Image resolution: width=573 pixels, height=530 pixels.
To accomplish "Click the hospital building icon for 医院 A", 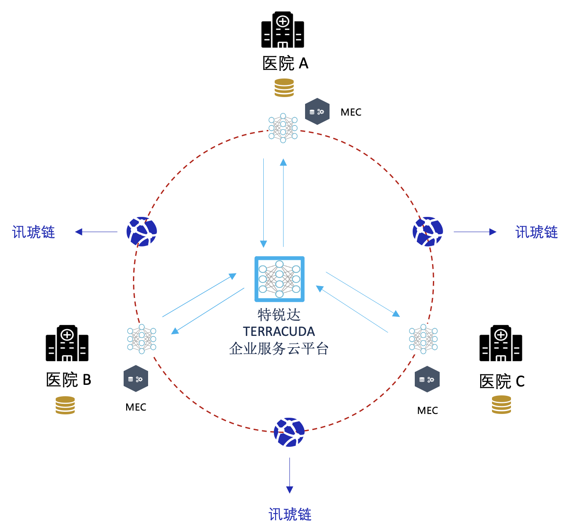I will click(283, 30).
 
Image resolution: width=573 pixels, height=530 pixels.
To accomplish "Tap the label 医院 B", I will click(68, 380).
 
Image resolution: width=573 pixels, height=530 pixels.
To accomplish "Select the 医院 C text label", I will click(502, 381).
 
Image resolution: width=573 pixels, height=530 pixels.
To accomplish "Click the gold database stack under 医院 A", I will click(284, 88).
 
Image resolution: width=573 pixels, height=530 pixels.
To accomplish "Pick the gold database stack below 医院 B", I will click(65, 405).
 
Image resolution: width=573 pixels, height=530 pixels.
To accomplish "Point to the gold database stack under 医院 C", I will click(501, 405).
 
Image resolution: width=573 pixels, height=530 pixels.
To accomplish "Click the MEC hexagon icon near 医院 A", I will click(317, 111).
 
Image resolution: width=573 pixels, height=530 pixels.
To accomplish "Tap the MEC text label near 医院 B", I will click(136, 407).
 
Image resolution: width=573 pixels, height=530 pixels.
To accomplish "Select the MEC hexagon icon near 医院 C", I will click(427, 379).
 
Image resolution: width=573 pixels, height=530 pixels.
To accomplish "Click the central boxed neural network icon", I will click(279, 279).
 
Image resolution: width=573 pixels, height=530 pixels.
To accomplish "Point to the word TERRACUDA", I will click(279, 332).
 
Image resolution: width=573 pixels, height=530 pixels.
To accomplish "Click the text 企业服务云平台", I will click(279, 349).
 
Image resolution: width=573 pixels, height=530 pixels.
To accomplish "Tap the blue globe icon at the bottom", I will click(289, 432).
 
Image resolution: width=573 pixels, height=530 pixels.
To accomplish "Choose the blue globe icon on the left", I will click(142, 232).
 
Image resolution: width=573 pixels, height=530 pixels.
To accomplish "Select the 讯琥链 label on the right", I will click(536, 232).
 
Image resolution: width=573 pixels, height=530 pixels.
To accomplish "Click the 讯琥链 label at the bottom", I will click(290, 514).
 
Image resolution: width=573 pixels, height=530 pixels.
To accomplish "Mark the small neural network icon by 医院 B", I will click(142, 339).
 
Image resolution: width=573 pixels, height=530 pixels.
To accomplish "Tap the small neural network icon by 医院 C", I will click(423, 339).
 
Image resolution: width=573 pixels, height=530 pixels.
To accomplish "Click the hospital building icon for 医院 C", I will click(501, 343).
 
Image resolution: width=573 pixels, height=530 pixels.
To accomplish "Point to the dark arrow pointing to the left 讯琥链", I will click(96, 232).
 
